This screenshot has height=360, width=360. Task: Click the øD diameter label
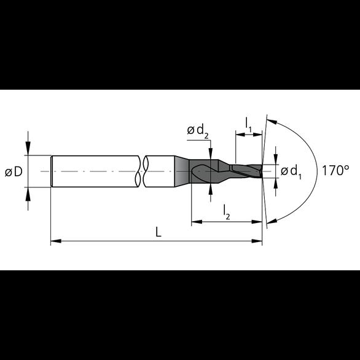pyautogui.click(x=14, y=172)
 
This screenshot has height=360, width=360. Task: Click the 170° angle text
pyautogui.click(x=335, y=171)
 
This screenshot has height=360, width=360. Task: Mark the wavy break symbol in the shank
pyautogui.click(x=144, y=171)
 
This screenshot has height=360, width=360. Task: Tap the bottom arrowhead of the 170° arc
pyautogui.click(x=271, y=220)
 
